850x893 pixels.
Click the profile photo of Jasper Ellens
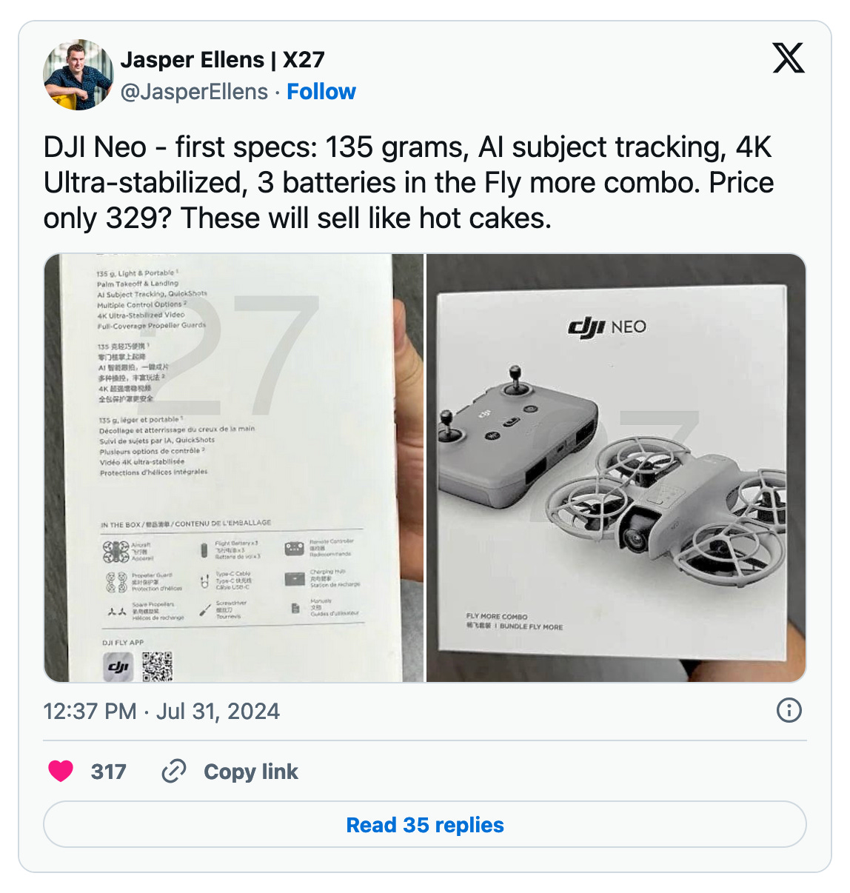[78, 75]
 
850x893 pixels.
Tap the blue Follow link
[321, 92]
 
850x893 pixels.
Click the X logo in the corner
[788, 58]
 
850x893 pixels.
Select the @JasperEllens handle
[194, 92]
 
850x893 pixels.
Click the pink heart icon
[61, 771]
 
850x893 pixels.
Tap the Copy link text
[250, 772]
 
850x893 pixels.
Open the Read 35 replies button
[425, 825]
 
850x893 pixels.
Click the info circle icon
[789, 711]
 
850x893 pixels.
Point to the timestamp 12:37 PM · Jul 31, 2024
[161, 712]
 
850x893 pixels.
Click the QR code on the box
[157, 666]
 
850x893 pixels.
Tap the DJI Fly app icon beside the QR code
[118, 667]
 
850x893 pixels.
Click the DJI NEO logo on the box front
[607, 327]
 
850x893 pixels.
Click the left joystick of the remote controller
[446, 422]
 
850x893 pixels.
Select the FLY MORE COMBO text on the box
[497, 616]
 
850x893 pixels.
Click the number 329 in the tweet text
[139, 218]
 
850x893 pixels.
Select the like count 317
[108, 772]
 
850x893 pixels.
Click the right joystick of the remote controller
[514, 375]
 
